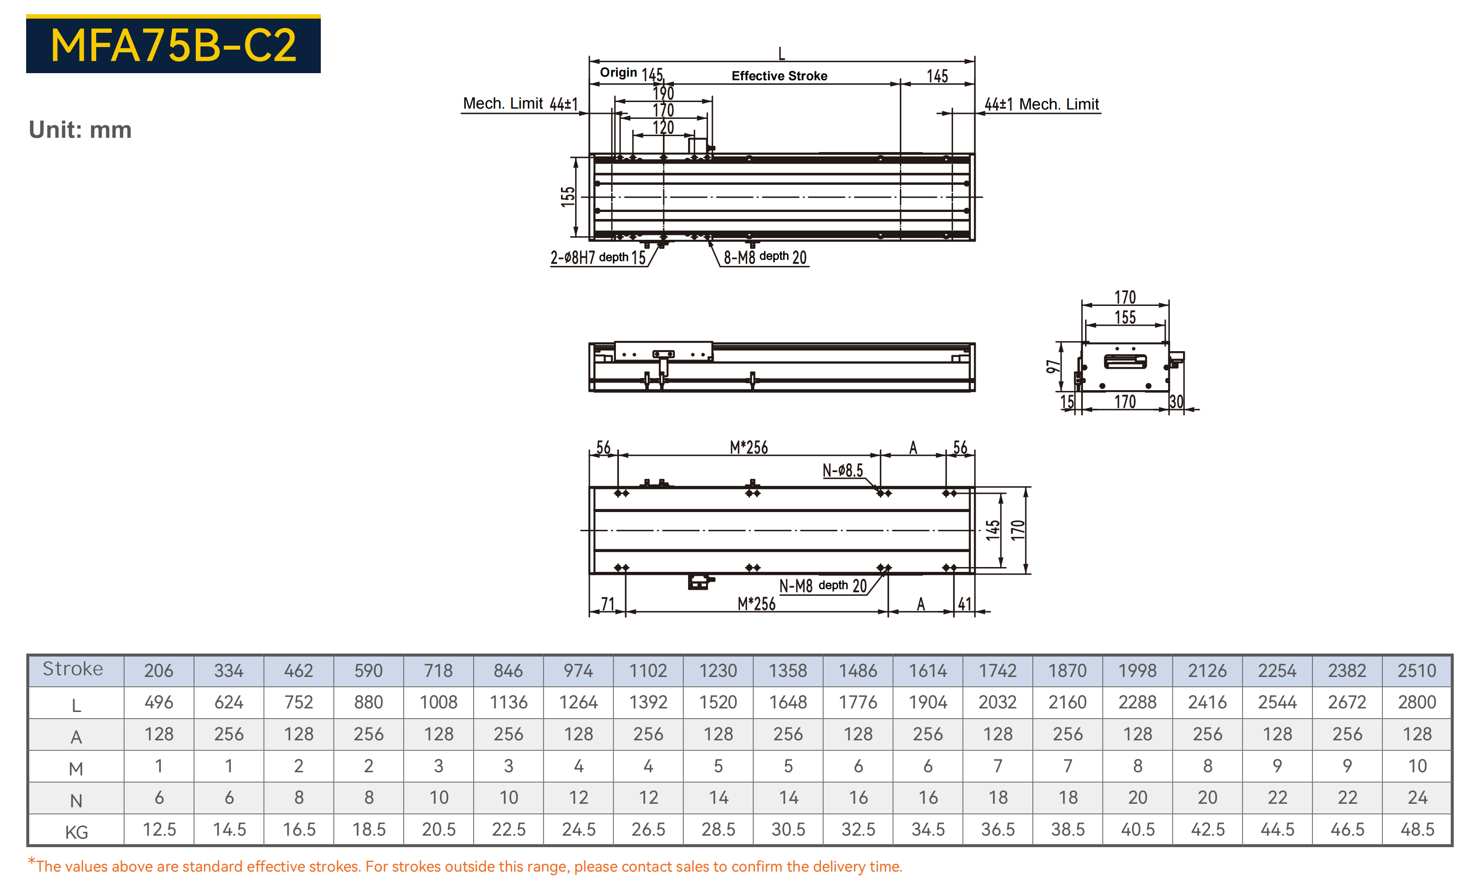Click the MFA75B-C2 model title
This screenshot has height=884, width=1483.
(173, 45)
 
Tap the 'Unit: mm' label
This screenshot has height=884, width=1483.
(80, 130)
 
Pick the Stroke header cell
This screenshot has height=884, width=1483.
(73, 669)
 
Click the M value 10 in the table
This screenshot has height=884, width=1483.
(1417, 766)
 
